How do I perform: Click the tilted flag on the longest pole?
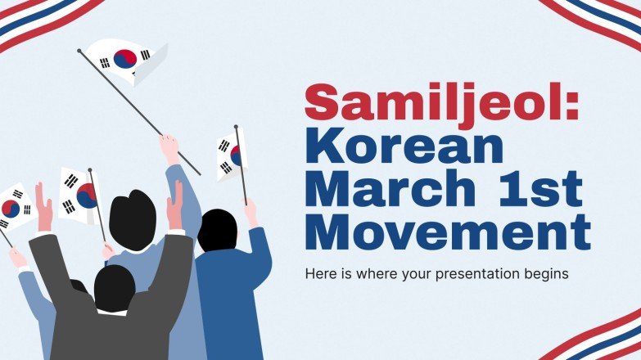128,60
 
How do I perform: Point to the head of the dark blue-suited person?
217,230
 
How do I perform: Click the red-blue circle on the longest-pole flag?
125,58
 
